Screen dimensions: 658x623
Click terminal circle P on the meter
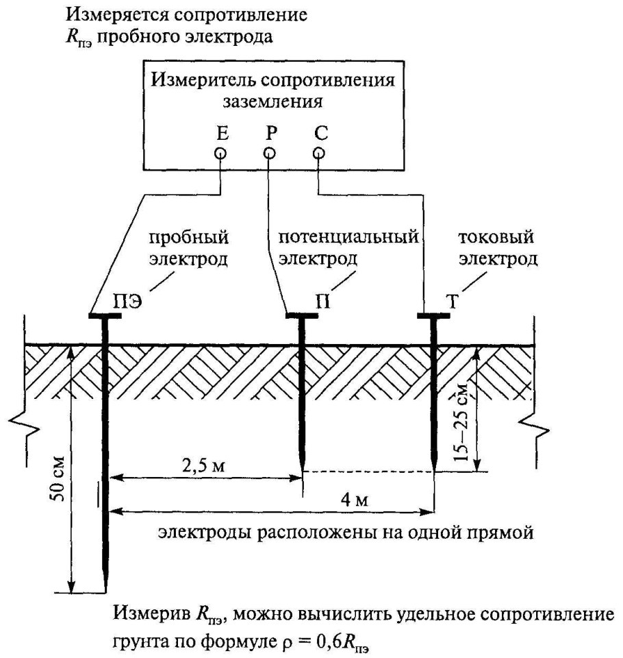(270, 154)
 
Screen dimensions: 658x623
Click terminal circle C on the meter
(318, 154)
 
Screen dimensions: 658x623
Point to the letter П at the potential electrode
(320, 300)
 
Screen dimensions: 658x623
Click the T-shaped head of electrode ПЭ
(105, 317)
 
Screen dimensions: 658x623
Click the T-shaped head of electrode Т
(433, 317)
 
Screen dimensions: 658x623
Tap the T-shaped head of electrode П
(301, 317)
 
